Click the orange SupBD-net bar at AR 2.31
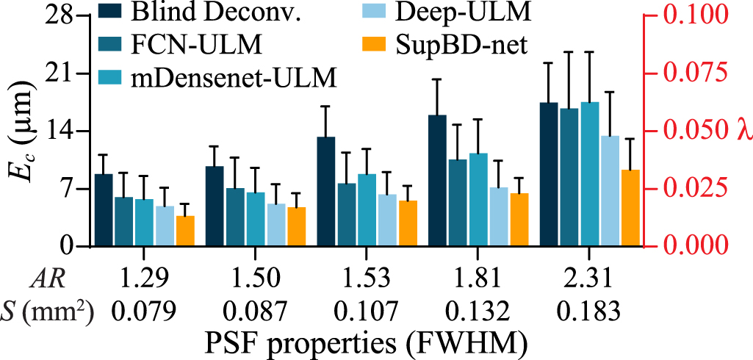pyautogui.click(x=630, y=208)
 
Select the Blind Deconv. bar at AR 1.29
pyautogui.click(x=104, y=209)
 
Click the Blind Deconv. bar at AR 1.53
pyautogui.click(x=326, y=191)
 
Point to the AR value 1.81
pyautogui.click(x=478, y=278)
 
